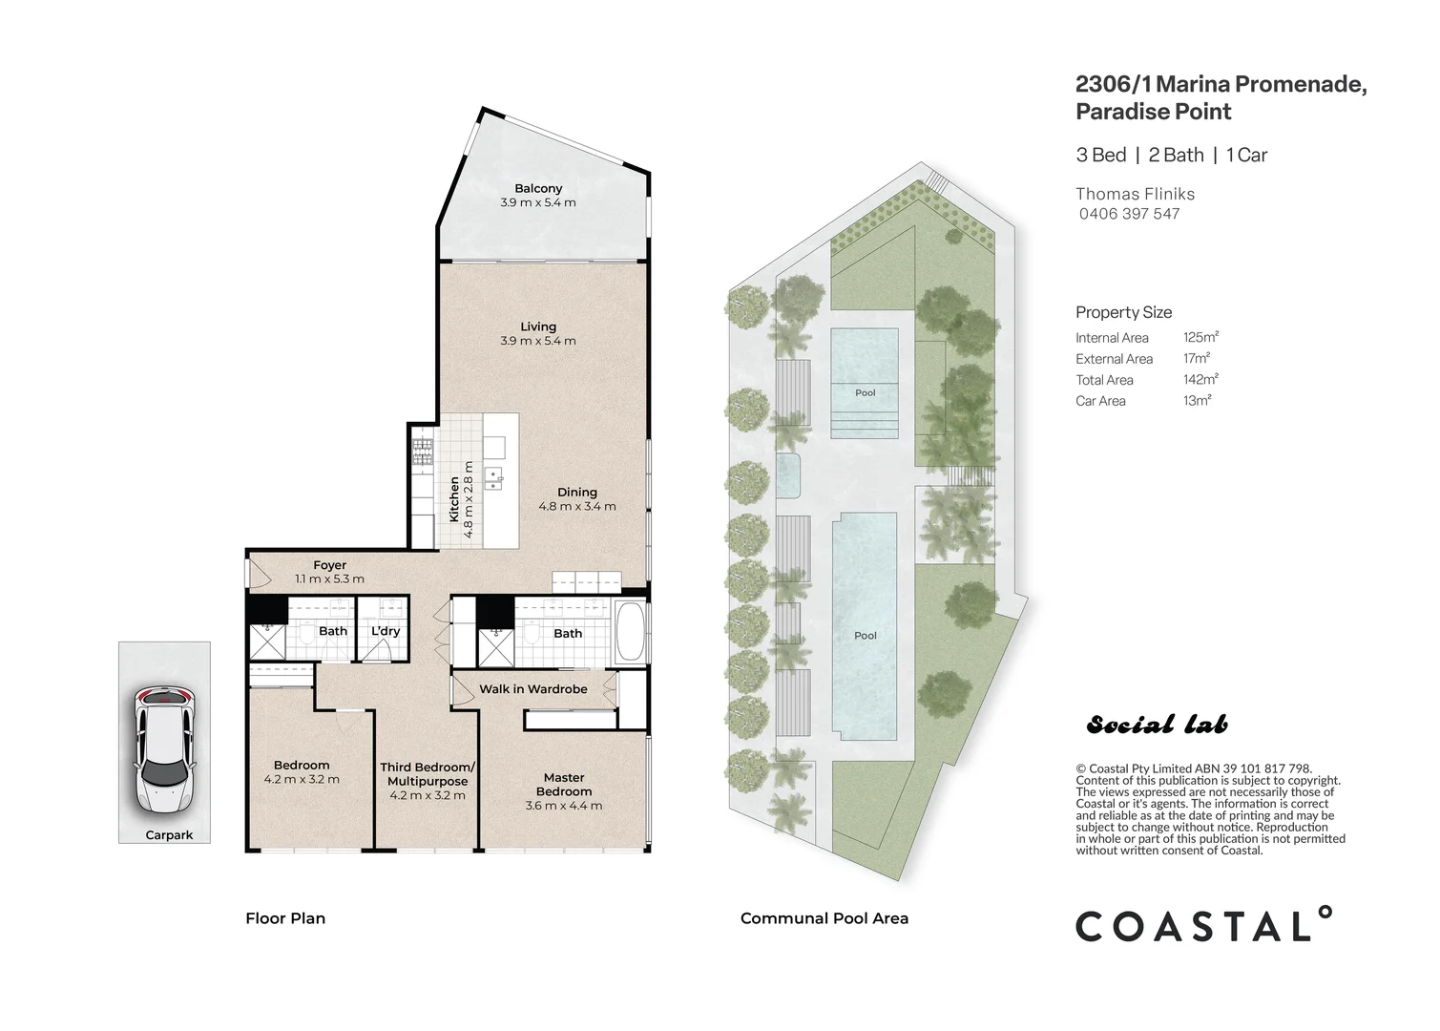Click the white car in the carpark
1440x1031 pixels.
pos(164,749)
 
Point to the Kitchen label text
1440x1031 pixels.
pos(454,500)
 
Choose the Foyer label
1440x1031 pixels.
pos(330,565)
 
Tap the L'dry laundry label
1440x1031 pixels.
pos(386,631)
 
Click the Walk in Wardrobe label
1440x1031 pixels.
pos(532,688)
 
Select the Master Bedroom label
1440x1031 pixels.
pos(564,784)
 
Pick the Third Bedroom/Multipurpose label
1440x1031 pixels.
pos(427,774)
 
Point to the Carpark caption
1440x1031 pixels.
pos(169,834)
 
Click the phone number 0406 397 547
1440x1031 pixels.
pos(1129,214)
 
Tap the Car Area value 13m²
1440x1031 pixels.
pos(1197,400)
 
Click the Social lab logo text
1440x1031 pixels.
pos(1157,726)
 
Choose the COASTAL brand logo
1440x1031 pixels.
pos(1202,925)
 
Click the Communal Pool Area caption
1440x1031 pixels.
pos(824,918)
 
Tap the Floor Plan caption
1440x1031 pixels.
pos(285,918)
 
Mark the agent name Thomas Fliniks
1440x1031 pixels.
pos(1135,194)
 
